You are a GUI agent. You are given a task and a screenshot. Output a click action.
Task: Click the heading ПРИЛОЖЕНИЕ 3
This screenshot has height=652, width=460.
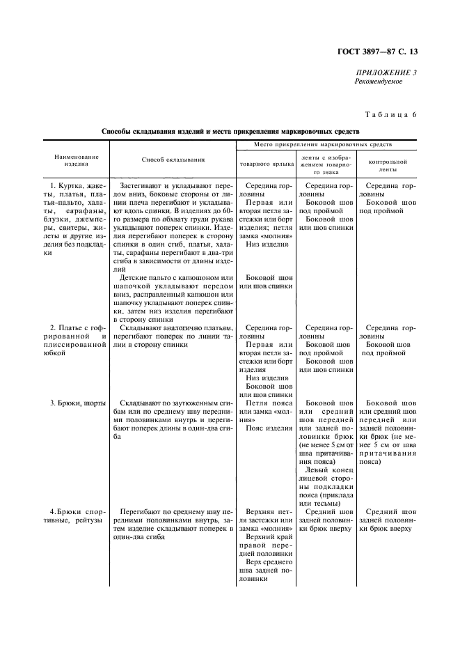pyautogui.click(x=386, y=72)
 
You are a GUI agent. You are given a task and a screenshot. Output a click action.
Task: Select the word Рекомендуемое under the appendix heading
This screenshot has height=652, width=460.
pyautogui.click(x=379, y=81)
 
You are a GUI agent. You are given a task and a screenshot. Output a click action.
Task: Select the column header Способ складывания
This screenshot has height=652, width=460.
pyautogui.click(x=173, y=160)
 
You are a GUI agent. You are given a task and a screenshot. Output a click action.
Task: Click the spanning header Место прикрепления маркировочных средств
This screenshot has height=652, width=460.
pyautogui.click(x=323, y=143)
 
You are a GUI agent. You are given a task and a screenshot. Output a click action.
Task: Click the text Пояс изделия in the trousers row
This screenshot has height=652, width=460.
pyautogui.click(x=269, y=428)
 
